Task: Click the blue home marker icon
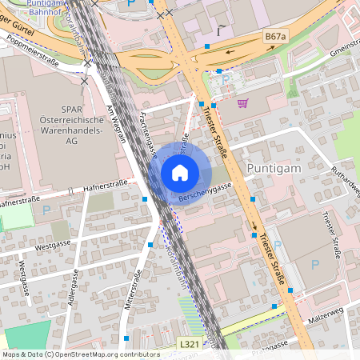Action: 179,172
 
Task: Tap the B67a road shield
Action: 274,37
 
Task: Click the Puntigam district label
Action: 275,168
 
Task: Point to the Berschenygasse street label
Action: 205,192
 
